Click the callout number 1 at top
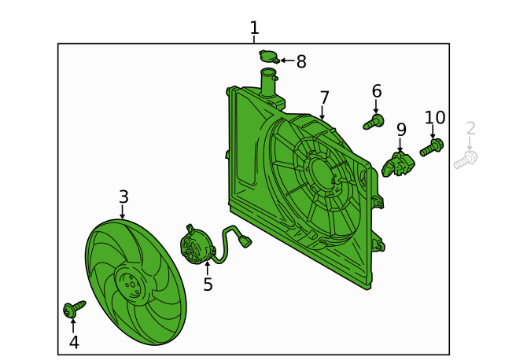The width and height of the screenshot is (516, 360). [x=254, y=28]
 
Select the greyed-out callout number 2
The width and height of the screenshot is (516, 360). [x=471, y=128]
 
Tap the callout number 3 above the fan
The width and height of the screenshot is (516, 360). [x=123, y=197]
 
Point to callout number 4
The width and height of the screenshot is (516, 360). [x=74, y=342]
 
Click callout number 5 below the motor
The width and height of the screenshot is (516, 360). [x=208, y=285]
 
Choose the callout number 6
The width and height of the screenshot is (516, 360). [x=377, y=91]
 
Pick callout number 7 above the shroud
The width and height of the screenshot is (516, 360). [x=325, y=97]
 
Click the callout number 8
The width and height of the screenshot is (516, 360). [x=301, y=61]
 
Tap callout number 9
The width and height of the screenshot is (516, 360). [x=401, y=130]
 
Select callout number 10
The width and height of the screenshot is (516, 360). [x=435, y=117]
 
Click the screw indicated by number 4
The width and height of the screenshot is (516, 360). [x=74, y=308]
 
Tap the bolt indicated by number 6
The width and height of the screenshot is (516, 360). [x=374, y=122]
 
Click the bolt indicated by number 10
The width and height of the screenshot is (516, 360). [x=431, y=148]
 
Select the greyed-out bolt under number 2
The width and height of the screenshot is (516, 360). [x=466, y=160]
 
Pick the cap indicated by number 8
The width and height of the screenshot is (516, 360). [x=269, y=57]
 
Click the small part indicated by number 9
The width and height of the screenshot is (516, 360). [x=398, y=164]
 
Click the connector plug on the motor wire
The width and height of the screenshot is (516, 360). [x=245, y=241]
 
